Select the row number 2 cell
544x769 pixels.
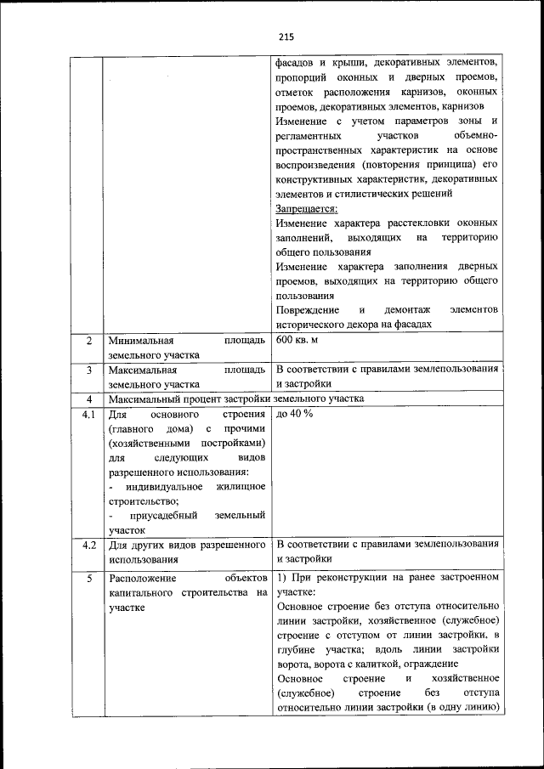click(x=88, y=340)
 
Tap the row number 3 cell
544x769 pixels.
click(x=88, y=370)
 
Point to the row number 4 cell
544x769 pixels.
click(x=88, y=399)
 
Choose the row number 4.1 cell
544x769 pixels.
click(x=88, y=414)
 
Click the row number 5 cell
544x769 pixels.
click(x=88, y=578)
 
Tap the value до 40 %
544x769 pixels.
click(x=294, y=414)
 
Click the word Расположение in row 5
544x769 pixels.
click(x=143, y=578)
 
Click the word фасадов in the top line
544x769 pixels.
click(x=297, y=63)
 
